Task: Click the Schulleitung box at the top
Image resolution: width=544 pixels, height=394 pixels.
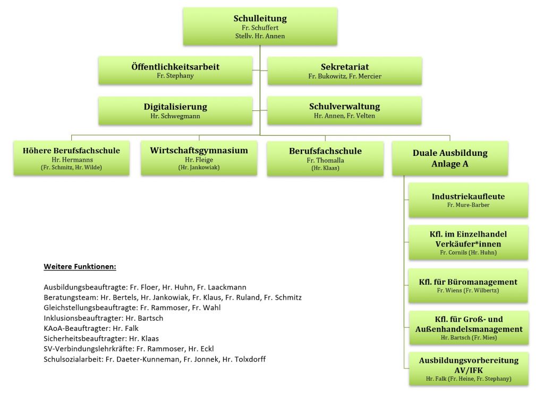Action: pos(260,27)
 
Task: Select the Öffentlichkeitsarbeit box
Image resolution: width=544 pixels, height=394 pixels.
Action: pos(175,71)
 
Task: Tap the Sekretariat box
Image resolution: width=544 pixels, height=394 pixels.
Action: pos(344,71)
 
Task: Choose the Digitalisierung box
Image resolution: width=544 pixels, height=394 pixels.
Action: pos(175,111)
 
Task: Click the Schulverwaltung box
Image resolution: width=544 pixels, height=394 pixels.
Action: pos(344,111)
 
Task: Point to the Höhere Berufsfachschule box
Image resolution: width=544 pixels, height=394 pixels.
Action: pos(72,158)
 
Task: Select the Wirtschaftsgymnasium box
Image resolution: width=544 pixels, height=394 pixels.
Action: pos(199,158)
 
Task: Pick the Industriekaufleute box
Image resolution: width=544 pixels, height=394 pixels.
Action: pos(469,200)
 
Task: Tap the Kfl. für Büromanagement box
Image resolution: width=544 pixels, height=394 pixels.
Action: pos(469,286)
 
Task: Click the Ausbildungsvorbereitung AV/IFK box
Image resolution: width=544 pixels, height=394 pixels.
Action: pos(469,369)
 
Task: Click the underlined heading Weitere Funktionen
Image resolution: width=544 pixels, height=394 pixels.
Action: pos(80,267)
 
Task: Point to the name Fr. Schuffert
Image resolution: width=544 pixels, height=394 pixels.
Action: pos(260,28)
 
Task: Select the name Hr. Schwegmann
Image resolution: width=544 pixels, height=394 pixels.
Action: pos(175,116)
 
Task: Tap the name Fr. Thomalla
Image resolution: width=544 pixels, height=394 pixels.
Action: pos(326,160)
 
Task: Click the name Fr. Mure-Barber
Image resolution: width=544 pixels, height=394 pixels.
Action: pos(469,205)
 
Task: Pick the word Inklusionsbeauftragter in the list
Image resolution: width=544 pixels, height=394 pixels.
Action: pos(83,318)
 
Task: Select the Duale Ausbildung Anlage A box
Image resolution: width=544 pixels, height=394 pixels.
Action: pos(450,158)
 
